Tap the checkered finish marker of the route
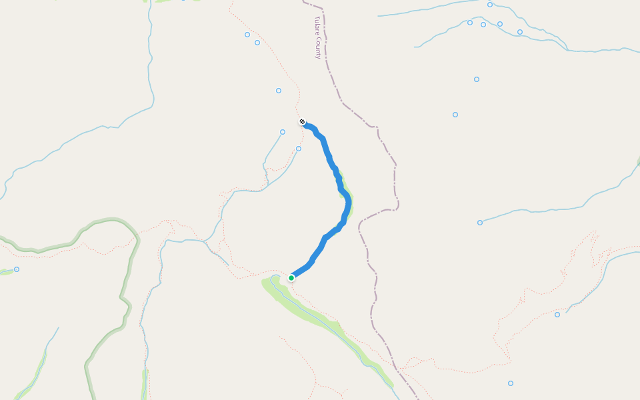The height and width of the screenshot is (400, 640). point(302,122)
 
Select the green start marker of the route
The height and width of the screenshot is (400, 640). point(291,277)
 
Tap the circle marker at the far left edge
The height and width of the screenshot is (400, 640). point(17,269)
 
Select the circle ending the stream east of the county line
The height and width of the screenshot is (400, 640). point(480,223)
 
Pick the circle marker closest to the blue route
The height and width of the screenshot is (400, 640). point(299,149)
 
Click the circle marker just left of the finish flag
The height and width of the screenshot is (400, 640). point(283,132)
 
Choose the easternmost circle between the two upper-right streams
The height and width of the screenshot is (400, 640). point(520,32)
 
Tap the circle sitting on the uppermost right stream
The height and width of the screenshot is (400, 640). point(490,5)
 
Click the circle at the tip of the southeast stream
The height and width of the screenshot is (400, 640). point(557,315)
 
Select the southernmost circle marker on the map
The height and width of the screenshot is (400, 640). point(511,383)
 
